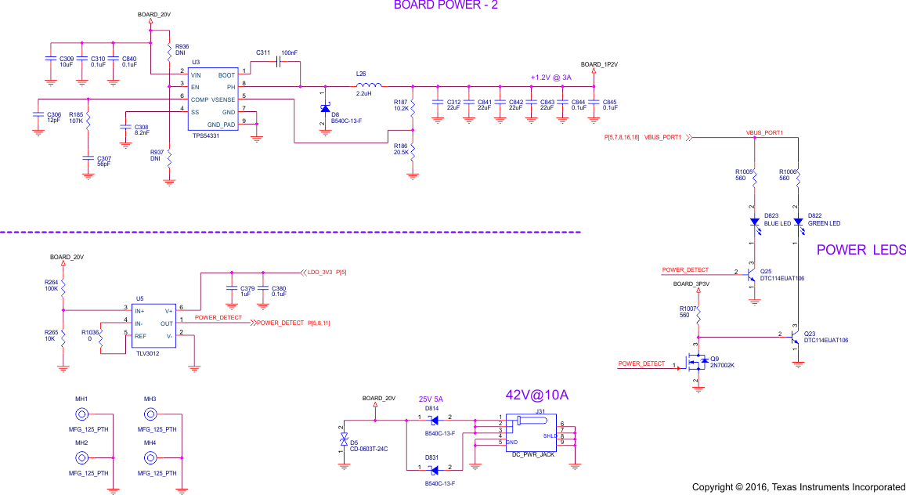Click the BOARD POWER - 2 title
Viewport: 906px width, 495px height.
[446, 5]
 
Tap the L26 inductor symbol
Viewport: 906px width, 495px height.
[368, 85]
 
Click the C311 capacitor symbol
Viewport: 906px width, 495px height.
[279, 62]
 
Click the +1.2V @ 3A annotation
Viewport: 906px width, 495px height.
[550, 78]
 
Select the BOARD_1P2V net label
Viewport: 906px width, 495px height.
[599, 64]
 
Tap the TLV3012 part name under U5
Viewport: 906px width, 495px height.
[148, 353]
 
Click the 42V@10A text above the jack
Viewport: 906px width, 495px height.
[536, 396]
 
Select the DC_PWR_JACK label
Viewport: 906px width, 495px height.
[532, 454]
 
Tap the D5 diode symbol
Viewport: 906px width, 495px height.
[343, 442]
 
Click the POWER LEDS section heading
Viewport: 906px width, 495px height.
[861, 250]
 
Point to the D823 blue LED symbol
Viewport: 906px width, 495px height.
[754, 222]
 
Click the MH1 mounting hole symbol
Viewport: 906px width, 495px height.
[81, 414]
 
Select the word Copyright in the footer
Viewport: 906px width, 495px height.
[713, 487]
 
